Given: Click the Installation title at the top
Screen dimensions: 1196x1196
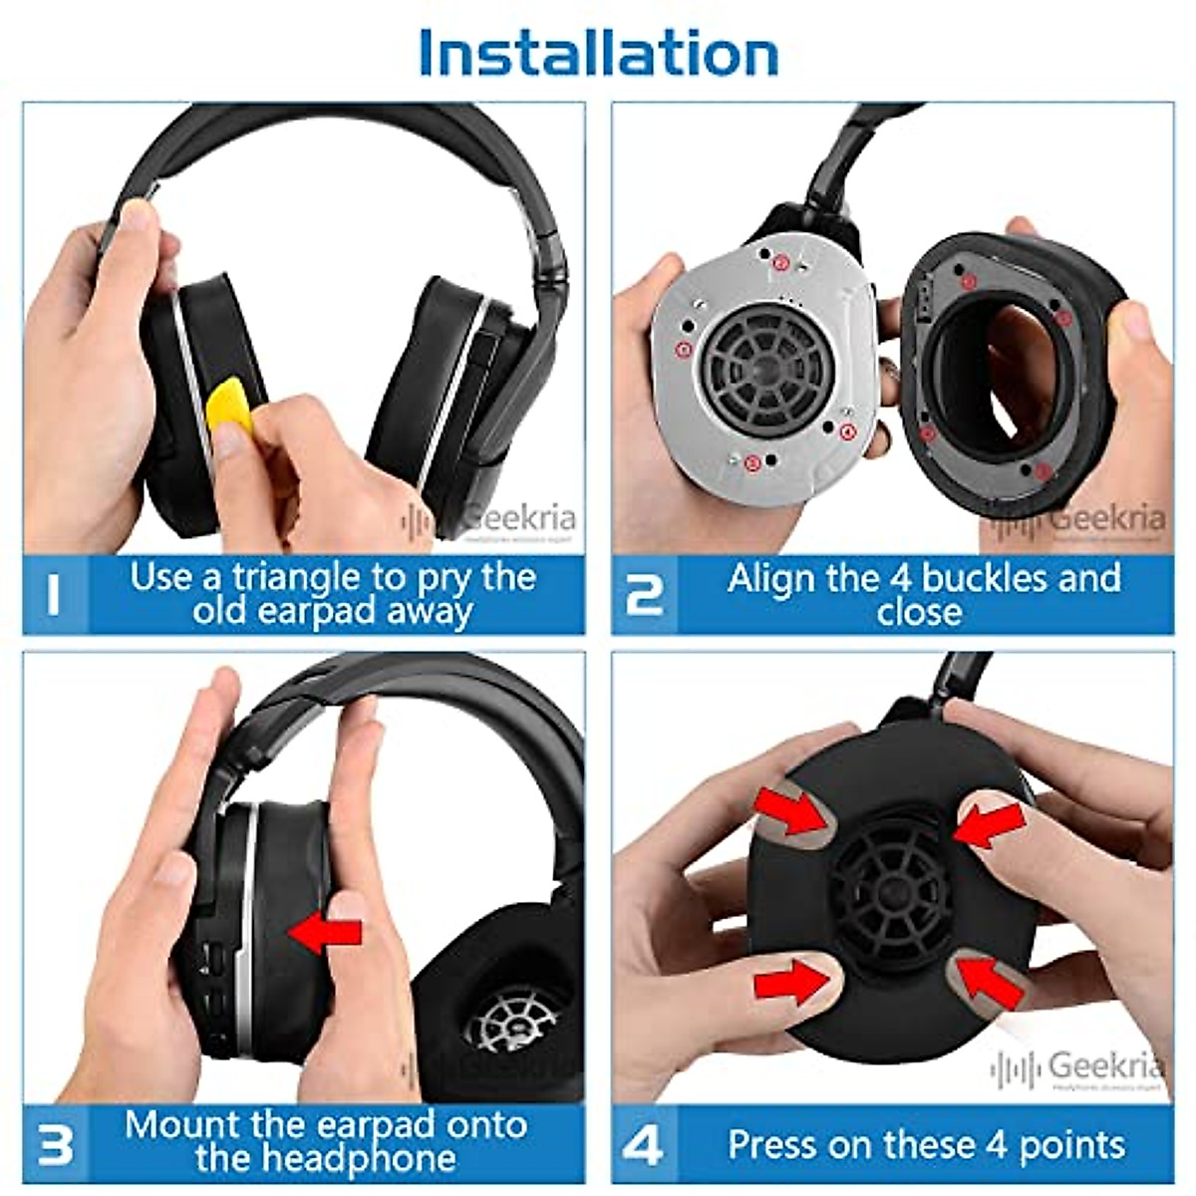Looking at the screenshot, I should coord(598,52).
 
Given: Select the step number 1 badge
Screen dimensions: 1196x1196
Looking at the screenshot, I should coord(55,595).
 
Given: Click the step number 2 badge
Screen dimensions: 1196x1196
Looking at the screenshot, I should coord(644,595).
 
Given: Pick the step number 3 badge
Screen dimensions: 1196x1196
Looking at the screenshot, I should coord(55,1144).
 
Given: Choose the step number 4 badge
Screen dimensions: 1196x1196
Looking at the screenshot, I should coord(644,1144).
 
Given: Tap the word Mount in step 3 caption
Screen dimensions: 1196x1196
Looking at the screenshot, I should coord(183,1125).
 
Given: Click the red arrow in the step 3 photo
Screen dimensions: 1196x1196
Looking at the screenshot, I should coord(326,932).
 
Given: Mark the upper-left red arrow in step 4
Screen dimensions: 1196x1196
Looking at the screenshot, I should coord(793,808).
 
